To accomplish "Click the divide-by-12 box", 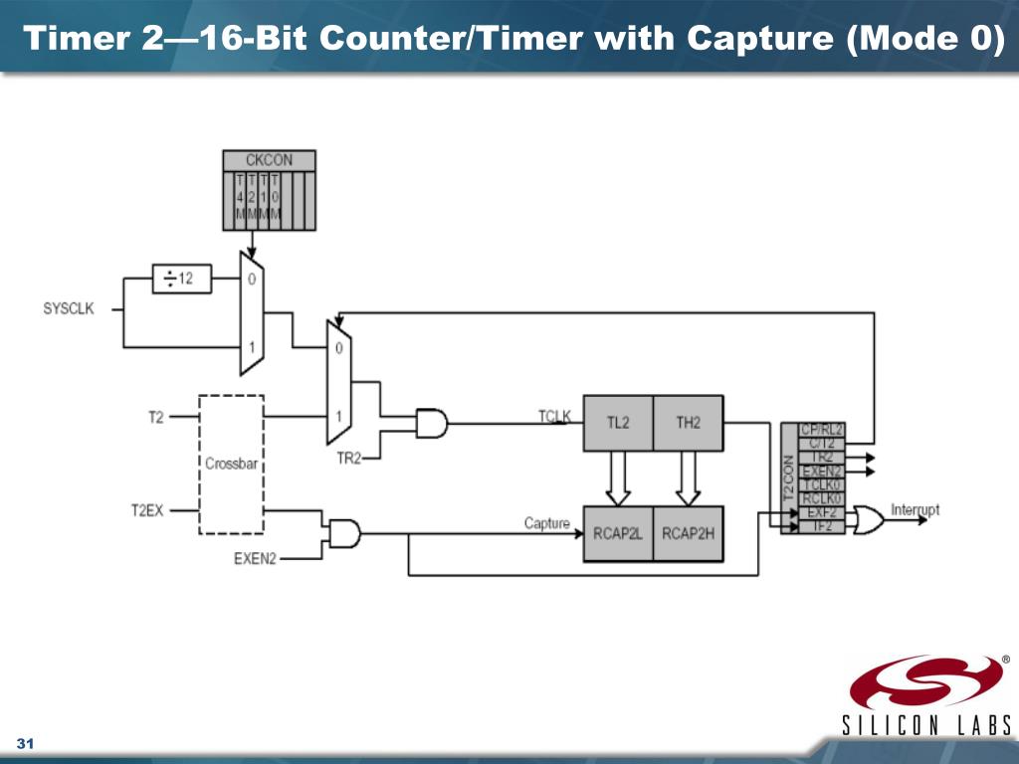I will coord(181,279).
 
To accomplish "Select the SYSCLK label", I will coord(69,308).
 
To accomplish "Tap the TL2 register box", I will coord(618,423).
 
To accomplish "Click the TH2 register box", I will coord(688,423).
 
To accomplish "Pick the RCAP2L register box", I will coord(618,533).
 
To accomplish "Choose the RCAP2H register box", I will coord(688,533).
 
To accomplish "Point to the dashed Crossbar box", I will coord(231,464).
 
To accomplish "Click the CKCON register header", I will coord(269,160).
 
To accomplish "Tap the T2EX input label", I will coord(147,509).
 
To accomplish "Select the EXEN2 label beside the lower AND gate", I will coord(255,559).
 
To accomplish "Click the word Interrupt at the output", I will coord(915,509).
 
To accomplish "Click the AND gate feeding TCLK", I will coord(431,424).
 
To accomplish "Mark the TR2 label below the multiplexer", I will coord(347,459).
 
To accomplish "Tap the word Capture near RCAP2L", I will coord(547,523).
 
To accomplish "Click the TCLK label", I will coord(554,415).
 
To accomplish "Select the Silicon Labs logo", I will coord(927,696).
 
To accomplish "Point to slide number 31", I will coord(26,746).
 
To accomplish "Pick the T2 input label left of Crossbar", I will coord(156,417).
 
